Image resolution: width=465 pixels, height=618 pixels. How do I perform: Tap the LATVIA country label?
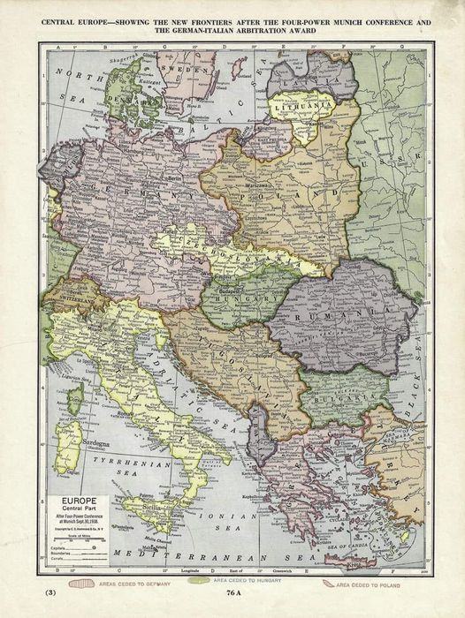point(306,80)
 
